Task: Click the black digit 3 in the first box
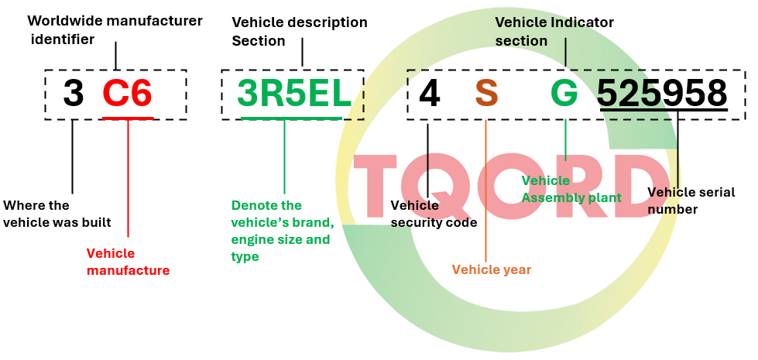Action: tap(73, 94)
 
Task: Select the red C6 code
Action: tap(128, 94)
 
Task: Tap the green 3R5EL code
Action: tap(294, 94)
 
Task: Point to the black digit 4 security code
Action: tap(429, 94)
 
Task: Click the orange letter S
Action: tap(486, 94)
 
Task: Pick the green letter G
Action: tap(564, 94)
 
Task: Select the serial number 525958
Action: tap(662, 93)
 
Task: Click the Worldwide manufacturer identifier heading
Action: tap(114, 30)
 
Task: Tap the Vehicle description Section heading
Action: tap(300, 32)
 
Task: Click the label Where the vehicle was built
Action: tap(57, 214)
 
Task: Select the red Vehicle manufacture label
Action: tap(128, 262)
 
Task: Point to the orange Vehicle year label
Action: tap(491, 269)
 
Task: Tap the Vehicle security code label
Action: tap(434, 214)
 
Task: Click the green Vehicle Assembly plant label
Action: tap(571, 189)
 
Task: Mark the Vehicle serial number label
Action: tap(691, 201)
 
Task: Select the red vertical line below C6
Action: tap(128, 178)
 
